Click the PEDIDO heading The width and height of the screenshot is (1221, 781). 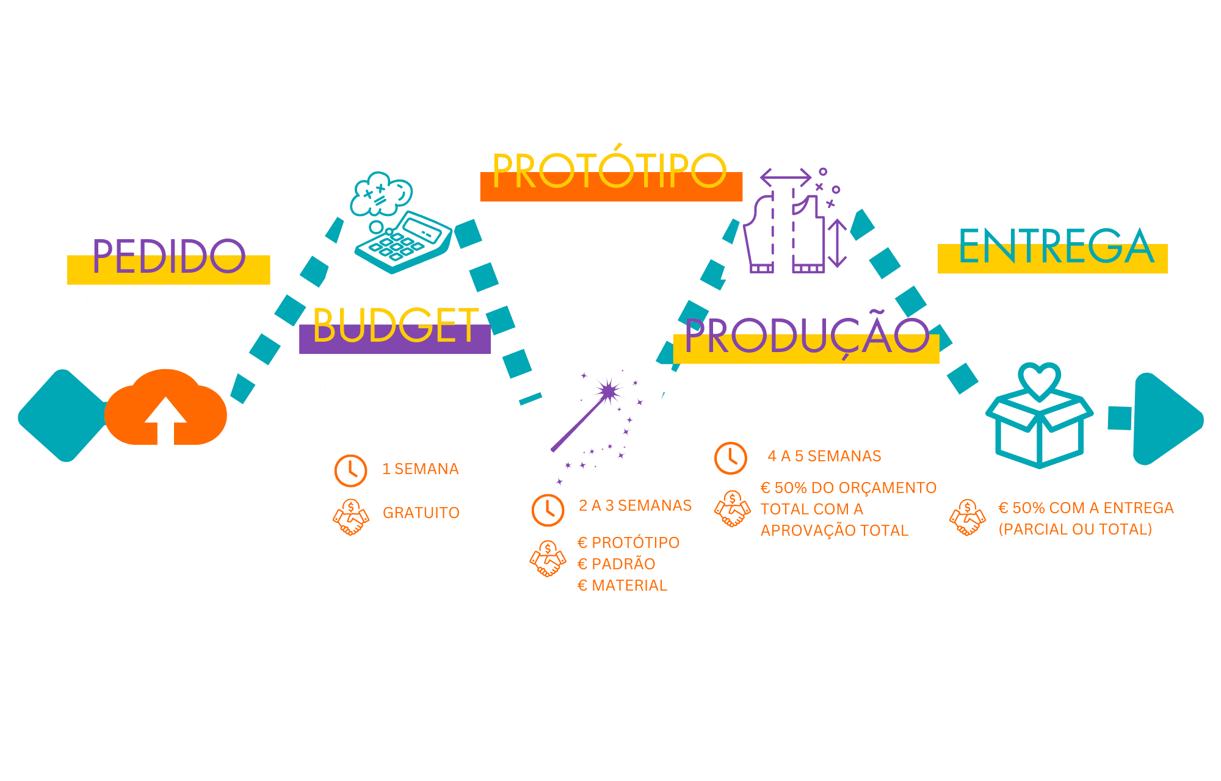(x=169, y=256)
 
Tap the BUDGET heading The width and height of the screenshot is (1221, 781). (x=396, y=326)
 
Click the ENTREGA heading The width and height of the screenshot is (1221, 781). (x=1056, y=247)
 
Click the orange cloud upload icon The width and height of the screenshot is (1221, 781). (x=165, y=408)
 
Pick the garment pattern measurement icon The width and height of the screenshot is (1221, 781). (x=794, y=223)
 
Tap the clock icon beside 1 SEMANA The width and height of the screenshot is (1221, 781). (x=350, y=470)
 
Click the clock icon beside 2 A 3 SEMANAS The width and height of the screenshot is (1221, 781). (x=548, y=509)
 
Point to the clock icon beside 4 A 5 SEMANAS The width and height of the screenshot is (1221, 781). (x=730, y=458)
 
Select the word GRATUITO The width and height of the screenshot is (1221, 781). (x=421, y=513)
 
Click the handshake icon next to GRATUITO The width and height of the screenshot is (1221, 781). (x=351, y=517)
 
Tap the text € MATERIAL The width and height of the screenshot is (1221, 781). (x=622, y=585)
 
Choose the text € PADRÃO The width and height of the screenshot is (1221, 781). (x=617, y=564)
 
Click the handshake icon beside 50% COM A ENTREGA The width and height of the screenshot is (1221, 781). (x=968, y=517)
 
